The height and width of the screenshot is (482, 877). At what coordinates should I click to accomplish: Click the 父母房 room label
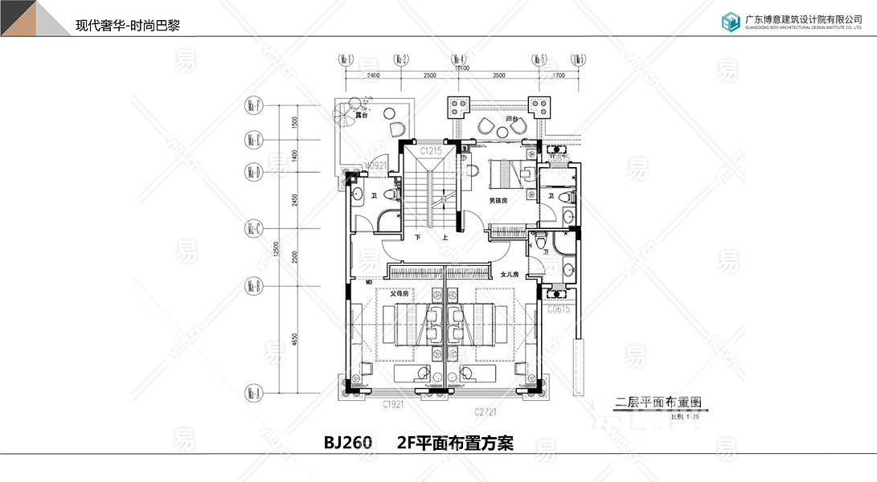[x=400, y=294]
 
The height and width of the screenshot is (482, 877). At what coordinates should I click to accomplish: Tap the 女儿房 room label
[x=510, y=276]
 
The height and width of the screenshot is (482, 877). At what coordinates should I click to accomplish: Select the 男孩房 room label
[x=499, y=200]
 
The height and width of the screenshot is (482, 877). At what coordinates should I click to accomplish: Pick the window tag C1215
[x=432, y=151]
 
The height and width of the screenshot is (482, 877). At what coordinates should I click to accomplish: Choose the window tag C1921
[x=393, y=403]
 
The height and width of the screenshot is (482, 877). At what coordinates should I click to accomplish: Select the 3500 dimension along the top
[x=499, y=75]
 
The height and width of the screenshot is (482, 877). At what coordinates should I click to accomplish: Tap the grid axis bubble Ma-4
[x=459, y=59]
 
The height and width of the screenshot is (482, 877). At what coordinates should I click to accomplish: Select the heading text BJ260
[x=348, y=443]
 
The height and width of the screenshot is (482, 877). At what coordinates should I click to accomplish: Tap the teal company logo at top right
[x=730, y=22]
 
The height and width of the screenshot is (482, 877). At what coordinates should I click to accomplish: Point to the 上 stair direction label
[x=444, y=239]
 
